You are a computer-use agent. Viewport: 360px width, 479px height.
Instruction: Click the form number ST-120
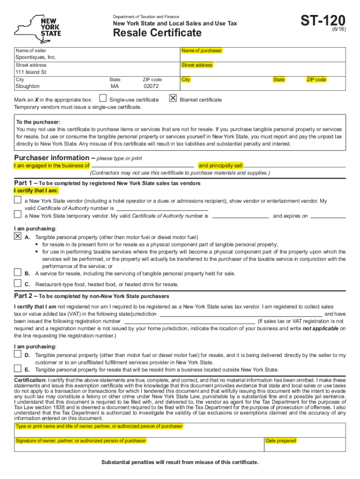(x=323, y=21)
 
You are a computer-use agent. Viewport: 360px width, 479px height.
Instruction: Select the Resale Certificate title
(x=158, y=33)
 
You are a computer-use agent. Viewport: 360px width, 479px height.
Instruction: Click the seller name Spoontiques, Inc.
(x=36, y=57)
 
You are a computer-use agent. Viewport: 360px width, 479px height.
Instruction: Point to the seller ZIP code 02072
(x=151, y=87)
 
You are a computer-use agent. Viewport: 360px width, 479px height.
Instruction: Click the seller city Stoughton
(x=28, y=87)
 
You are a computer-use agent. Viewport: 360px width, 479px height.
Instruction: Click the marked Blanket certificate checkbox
(x=173, y=99)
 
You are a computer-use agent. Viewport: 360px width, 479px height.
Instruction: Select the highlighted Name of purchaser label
(x=202, y=51)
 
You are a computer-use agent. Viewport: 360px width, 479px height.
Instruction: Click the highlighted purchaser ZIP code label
(x=316, y=80)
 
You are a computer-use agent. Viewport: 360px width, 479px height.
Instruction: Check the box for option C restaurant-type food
(x=18, y=283)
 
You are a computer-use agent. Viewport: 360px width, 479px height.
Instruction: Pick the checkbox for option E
(x=18, y=369)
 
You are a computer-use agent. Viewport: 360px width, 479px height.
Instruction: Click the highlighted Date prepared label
(x=281, y=441)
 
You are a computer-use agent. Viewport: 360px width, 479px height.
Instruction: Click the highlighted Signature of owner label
(x=81, y=441)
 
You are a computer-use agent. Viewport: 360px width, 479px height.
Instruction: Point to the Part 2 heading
(x=92, y=296)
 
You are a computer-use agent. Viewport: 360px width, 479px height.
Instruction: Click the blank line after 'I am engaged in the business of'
(x=143, y=166)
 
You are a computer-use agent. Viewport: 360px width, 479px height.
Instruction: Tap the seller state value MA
(x=115, y=87)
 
